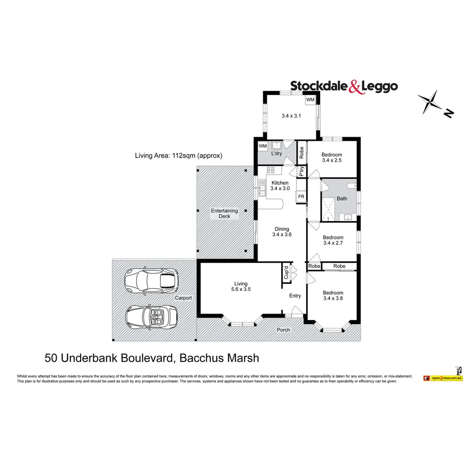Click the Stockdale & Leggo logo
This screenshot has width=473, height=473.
(344, 86)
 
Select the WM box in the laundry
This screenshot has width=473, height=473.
(263, 146)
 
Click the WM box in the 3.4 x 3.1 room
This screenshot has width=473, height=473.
(310, 100)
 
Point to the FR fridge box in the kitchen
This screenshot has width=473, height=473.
(301, 197)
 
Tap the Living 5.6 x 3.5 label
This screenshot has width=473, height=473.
(241, 286)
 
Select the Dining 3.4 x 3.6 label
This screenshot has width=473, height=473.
(282, 232)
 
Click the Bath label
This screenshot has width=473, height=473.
(342, 198)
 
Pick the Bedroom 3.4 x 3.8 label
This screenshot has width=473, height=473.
(333, 296)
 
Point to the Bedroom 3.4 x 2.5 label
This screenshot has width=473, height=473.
(332, 158)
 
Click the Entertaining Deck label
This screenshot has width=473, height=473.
(224, 213)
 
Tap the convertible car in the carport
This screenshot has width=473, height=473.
(151, 317)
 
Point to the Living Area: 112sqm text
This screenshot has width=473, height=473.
(179, 155)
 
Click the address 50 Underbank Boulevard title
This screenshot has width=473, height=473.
(152, 358)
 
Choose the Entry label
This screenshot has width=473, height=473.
(295, 296)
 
